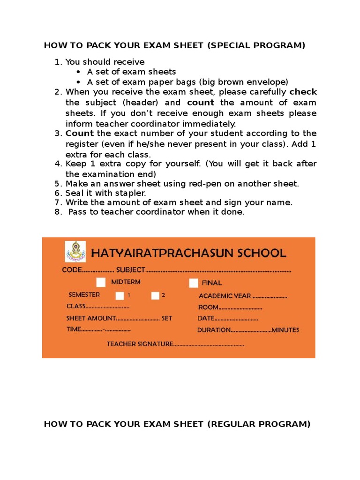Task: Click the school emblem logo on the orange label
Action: pyautogui.click(x=75, y=251)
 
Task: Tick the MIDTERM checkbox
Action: pyautogui.click(x=101, y=282)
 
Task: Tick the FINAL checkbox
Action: pyautogui.click(x=193, y=283)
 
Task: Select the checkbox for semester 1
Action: pyautogui.click(x=120, y=295)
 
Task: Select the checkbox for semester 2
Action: pyautogui.click(x=155, y=295)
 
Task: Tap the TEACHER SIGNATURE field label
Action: pyautogui.click(x=140, y=344)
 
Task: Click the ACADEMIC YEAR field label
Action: pyautogui.click(x=225, y=296)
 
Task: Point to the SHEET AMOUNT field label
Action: pyautogui.click(x=90, y=318)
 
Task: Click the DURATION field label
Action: pyautogui.click(x=214, y=330)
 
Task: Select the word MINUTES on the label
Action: pyautogui.click(x=285, y=330)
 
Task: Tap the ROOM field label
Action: pyautogui.click(x=208, y=307)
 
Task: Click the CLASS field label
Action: pyautogui.click(x=76, y=306)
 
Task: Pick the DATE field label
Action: pyautogui.click(x=206, y=318)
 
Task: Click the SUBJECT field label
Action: pyautogui.click(x=131, y=270)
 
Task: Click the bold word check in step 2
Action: pyautogui.click(x=303, y=91)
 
